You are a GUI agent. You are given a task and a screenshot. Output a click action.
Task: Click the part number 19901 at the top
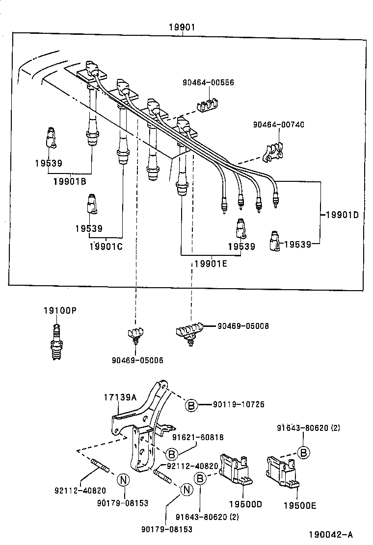(182, 27)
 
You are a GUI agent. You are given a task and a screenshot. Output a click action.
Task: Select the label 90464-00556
(208, 82)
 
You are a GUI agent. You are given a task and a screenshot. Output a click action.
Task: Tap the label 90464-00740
(278, 124)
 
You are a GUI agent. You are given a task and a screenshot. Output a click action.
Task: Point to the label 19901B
(70, 181)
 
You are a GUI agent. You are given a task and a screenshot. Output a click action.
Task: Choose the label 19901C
(106, 247)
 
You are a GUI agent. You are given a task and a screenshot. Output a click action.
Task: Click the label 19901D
(342, 215)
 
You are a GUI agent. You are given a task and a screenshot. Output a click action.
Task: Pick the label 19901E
(211, 264)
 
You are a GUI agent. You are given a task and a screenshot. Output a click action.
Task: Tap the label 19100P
(60, 310)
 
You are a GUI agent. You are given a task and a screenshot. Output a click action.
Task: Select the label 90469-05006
(137, 360)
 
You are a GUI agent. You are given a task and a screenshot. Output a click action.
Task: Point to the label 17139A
(120, 397)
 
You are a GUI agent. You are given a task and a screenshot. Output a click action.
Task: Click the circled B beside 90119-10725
(191, 405)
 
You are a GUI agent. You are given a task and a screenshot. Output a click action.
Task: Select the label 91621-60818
(198, 437)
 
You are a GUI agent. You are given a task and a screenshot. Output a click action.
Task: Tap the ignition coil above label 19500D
(236, 470)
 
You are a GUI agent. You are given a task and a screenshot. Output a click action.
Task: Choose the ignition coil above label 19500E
(283, 471)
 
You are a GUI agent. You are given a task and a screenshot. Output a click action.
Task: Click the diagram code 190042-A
(331, 535)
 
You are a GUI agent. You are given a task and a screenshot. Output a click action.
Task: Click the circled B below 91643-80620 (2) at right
(303, 452)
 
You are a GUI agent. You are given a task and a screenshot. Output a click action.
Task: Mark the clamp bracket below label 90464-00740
(273, 152)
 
